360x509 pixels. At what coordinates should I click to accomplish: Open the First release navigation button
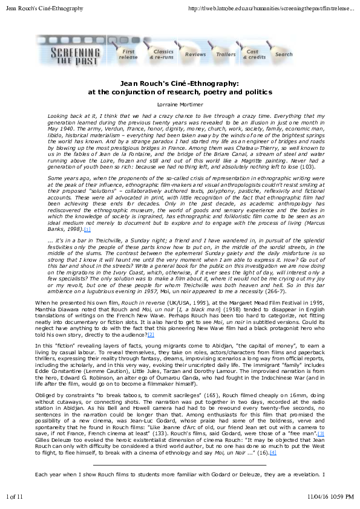point(128,54)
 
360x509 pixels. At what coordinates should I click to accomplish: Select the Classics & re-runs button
point(163,54)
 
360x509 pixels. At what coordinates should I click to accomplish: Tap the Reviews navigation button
point(195,54)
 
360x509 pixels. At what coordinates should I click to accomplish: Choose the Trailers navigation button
point(226,54)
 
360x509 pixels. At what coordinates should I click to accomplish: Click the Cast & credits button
point(255,54)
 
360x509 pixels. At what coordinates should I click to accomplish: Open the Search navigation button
point(284,54)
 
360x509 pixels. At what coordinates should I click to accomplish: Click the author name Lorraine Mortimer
point(180,104)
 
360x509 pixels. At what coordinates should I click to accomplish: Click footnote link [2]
point(151,334)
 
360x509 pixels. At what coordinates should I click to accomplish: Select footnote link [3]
point(321,450)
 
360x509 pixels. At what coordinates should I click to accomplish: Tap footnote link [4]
point(273,469)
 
